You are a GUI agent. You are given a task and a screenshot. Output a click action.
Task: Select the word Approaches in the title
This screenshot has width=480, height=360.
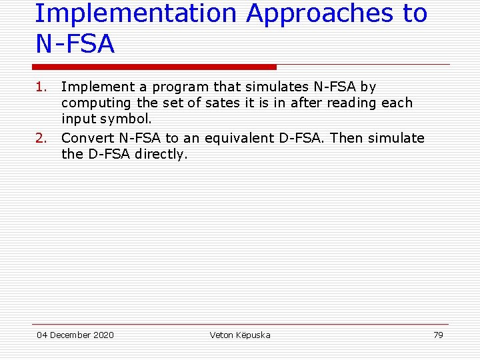(319, 13)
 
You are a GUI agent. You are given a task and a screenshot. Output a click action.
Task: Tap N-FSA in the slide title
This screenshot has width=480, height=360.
(75, 45)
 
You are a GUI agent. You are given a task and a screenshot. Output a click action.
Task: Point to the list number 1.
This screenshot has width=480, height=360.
(41, 87)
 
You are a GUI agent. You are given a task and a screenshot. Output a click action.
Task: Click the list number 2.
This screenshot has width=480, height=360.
(41, 138)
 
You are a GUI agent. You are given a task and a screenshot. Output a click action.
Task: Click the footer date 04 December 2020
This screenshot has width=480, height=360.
(75, 335)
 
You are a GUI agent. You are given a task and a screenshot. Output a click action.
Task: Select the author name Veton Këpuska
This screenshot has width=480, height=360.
(240, 335)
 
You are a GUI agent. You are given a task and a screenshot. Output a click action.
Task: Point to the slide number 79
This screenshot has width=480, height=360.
(438, 335)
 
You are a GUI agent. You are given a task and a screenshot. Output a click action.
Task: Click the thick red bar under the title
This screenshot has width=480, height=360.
(155, 67)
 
